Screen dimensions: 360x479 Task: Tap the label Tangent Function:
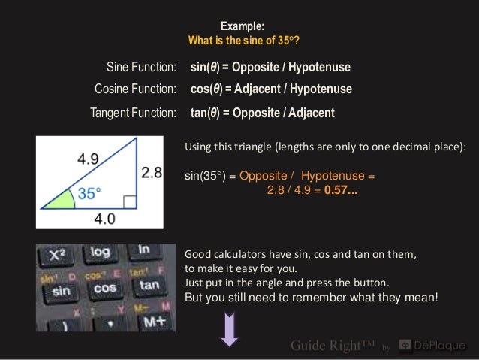[x=132, y=113]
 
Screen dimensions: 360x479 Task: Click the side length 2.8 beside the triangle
[x=152, y=173]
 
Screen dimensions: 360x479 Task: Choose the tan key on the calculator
[x=149, y=285]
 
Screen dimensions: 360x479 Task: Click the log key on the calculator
[x=99, y=251]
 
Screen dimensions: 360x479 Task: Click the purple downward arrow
[x=229, y=331]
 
